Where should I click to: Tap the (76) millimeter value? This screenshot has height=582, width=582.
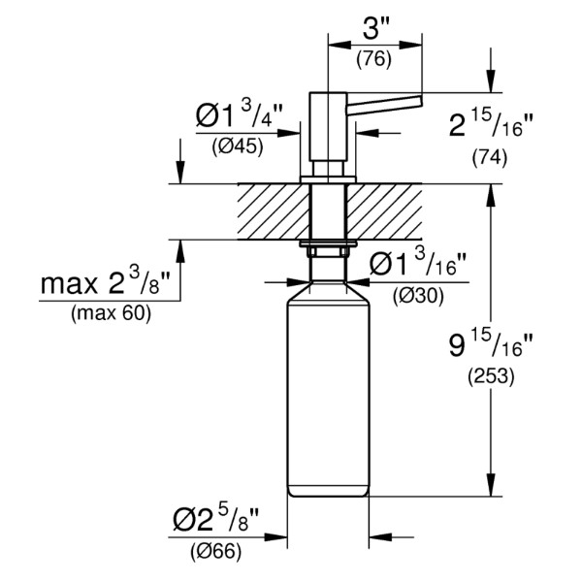coord(373,60)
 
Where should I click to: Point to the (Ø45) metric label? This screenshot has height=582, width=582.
coord(238,147)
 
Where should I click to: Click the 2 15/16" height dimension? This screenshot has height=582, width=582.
coord(491,125)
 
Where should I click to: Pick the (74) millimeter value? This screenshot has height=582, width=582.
coord(490,158)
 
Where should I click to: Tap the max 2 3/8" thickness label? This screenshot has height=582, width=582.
coord(105,281)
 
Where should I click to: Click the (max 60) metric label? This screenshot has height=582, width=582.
coord(112,313)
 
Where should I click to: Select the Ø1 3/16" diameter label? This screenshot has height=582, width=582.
coord(417,263)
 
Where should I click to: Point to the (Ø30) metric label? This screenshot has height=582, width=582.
coord(418,297)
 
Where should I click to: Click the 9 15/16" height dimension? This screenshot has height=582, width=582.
coord(491,343)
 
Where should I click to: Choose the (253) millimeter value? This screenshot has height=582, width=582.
coord(491,376)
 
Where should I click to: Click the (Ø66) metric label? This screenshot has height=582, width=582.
coord(216,552)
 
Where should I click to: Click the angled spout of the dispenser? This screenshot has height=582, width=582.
coord(384,105)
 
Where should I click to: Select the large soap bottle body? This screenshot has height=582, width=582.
coord(328,389)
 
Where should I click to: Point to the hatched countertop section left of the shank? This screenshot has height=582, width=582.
coord(274,211)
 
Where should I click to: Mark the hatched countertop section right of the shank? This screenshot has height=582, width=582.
coord(384,211)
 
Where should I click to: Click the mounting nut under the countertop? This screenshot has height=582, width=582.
coord(328,248)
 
